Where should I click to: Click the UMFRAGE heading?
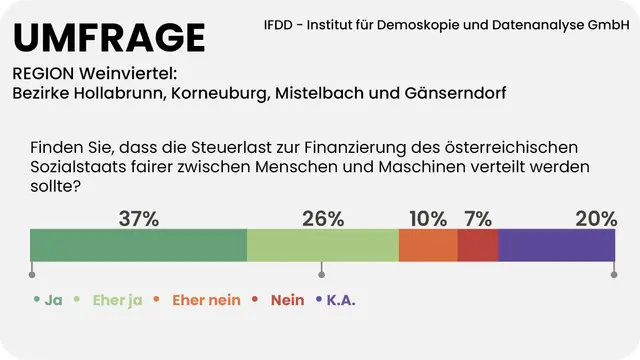point(109,37)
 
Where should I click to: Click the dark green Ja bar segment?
point(138,245)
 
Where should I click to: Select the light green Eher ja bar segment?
point(322,245)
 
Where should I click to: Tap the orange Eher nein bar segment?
point(428,245)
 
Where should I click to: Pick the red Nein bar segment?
point(478,245)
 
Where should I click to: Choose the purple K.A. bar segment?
point(557,245)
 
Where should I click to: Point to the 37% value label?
point(138,219)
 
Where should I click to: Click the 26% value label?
point(323,219)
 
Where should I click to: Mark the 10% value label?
point(428,219)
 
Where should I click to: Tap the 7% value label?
point(478,219)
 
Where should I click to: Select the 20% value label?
point(596,219)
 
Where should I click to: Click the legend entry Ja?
point(53,299)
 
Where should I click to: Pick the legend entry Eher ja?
point(117,299)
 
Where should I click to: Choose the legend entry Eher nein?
point(207,299)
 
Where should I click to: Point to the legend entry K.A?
point(341,299)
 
